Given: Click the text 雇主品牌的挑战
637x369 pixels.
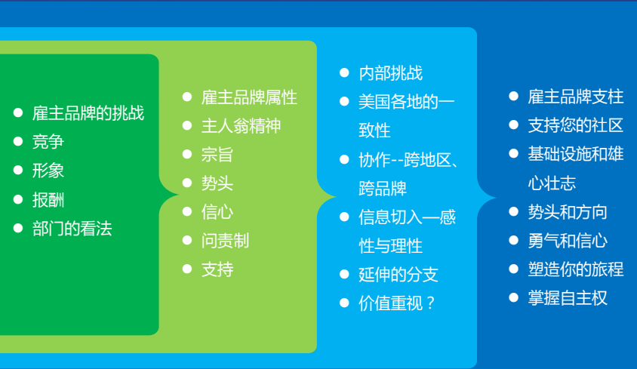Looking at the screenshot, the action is click(x=88, y=113).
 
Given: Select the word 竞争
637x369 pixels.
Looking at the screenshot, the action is click(x=48, y=142).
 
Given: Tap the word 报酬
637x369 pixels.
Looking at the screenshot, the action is click(x=48, y=200).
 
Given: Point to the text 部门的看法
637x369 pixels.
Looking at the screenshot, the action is click(x=72, y=229).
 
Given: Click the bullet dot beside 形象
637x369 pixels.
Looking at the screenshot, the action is click(x=18, y=170).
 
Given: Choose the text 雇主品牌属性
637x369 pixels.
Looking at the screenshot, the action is click(x=249, y=97).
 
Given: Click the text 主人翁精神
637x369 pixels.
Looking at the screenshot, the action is click(x=242, y=126).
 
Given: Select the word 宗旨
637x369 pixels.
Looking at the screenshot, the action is click(x=217, y=155).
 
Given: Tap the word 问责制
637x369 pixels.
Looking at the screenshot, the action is click(x=226, y=241).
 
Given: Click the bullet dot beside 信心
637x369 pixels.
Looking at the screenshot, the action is click(x=187, y=211).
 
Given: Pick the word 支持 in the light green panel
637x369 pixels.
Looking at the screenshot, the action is click(x=217, y=270).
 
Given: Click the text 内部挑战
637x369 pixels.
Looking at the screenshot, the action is click(x=391, y=73).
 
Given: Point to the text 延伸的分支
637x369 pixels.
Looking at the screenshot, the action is click(x=399, y=275).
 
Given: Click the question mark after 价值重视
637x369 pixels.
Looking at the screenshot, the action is click(x=431, y=303).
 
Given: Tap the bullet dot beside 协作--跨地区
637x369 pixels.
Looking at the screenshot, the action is click(x=344, y=159).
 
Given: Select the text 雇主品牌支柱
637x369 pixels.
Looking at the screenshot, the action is click(x=576, y=97).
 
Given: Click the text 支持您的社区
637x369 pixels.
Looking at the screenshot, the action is click(x=576, y=125).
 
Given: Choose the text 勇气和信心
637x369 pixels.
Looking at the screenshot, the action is click(x=568, y=241).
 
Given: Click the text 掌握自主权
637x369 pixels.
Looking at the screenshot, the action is click(x=568, y=298).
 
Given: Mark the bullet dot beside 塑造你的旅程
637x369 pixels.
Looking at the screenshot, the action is click(x=514, y=269).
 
